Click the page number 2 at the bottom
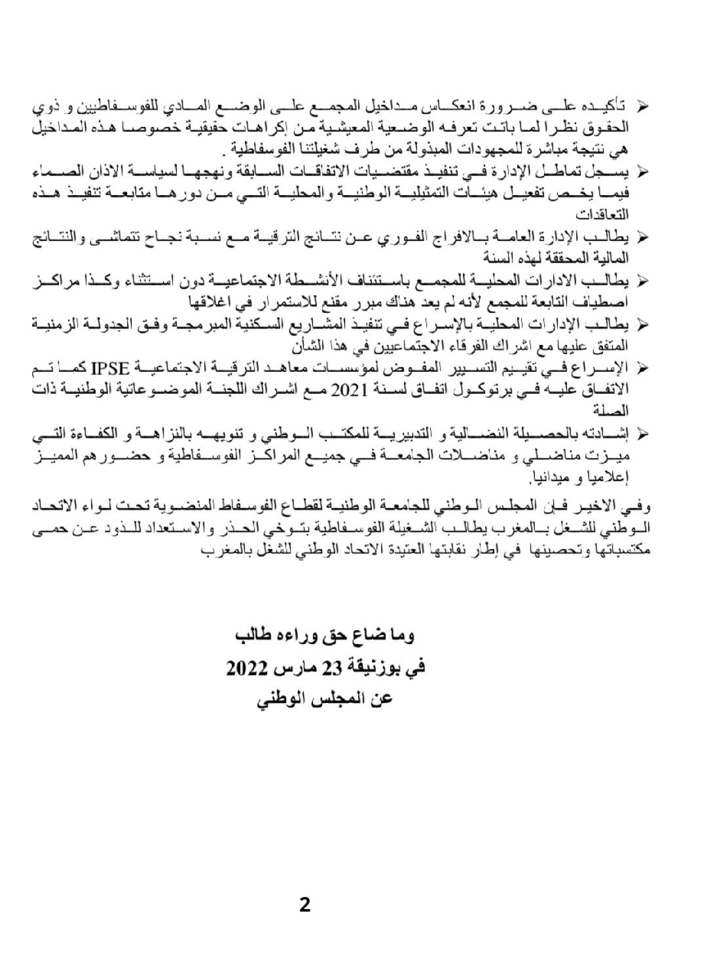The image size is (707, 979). [304, 905]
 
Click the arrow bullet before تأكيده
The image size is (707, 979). [642, 105]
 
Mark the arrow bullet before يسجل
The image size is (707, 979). [642, 171]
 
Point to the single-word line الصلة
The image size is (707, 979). [610, 411]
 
